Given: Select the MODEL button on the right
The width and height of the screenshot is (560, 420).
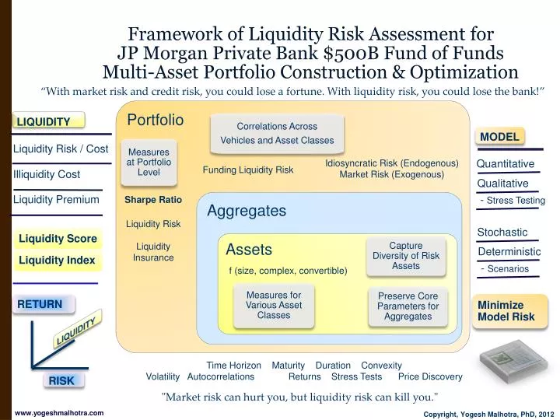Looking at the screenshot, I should (499, 137).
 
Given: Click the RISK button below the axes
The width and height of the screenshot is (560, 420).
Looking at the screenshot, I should (61, 380).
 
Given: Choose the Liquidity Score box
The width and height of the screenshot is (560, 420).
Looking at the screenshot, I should (58, 239).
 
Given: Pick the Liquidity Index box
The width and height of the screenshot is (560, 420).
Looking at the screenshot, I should (57, 260).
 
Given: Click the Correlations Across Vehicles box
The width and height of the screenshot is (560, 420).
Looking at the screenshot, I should (277, 133).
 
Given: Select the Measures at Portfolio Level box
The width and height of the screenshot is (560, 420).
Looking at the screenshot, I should (149, 163).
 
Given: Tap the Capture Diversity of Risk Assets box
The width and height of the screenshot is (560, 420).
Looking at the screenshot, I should (405, 256).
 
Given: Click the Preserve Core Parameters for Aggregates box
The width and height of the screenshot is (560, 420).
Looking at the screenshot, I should (408, 306).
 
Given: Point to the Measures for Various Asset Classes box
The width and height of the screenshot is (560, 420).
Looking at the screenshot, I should (273, 306).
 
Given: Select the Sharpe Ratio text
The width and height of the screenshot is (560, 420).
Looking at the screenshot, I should (153, 201).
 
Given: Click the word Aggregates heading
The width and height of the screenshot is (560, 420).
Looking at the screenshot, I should (247, 212).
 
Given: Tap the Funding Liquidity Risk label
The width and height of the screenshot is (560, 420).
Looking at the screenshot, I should (248, 170).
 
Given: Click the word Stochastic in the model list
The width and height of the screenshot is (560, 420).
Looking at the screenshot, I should (502, 232).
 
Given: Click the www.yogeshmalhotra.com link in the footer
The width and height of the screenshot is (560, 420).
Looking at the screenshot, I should (59, 413).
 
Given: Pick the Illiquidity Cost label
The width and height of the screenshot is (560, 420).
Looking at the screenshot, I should (47, 174).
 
